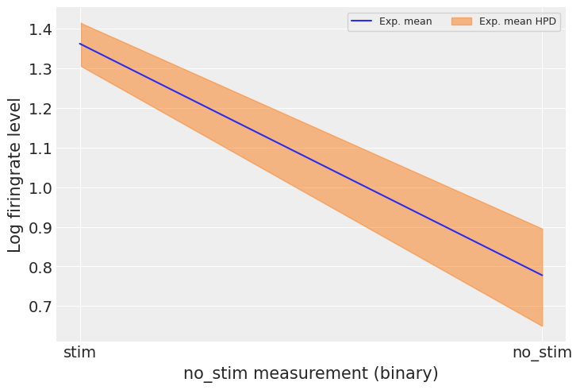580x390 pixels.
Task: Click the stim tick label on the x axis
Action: (x=80, y=353)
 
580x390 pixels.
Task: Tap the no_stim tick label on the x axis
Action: (x=542, y=353)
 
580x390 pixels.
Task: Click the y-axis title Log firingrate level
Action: (x=15, y=175)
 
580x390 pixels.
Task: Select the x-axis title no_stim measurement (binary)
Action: (x=310, y=373)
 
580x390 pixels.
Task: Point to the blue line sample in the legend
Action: (x=363, y=21)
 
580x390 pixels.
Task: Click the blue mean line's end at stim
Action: (x=81, y=44)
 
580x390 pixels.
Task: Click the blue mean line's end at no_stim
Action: (x=542, y=276)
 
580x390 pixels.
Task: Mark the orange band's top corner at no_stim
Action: (x=542, y=229)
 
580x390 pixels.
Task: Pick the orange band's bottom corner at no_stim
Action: (x=542, y=326)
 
